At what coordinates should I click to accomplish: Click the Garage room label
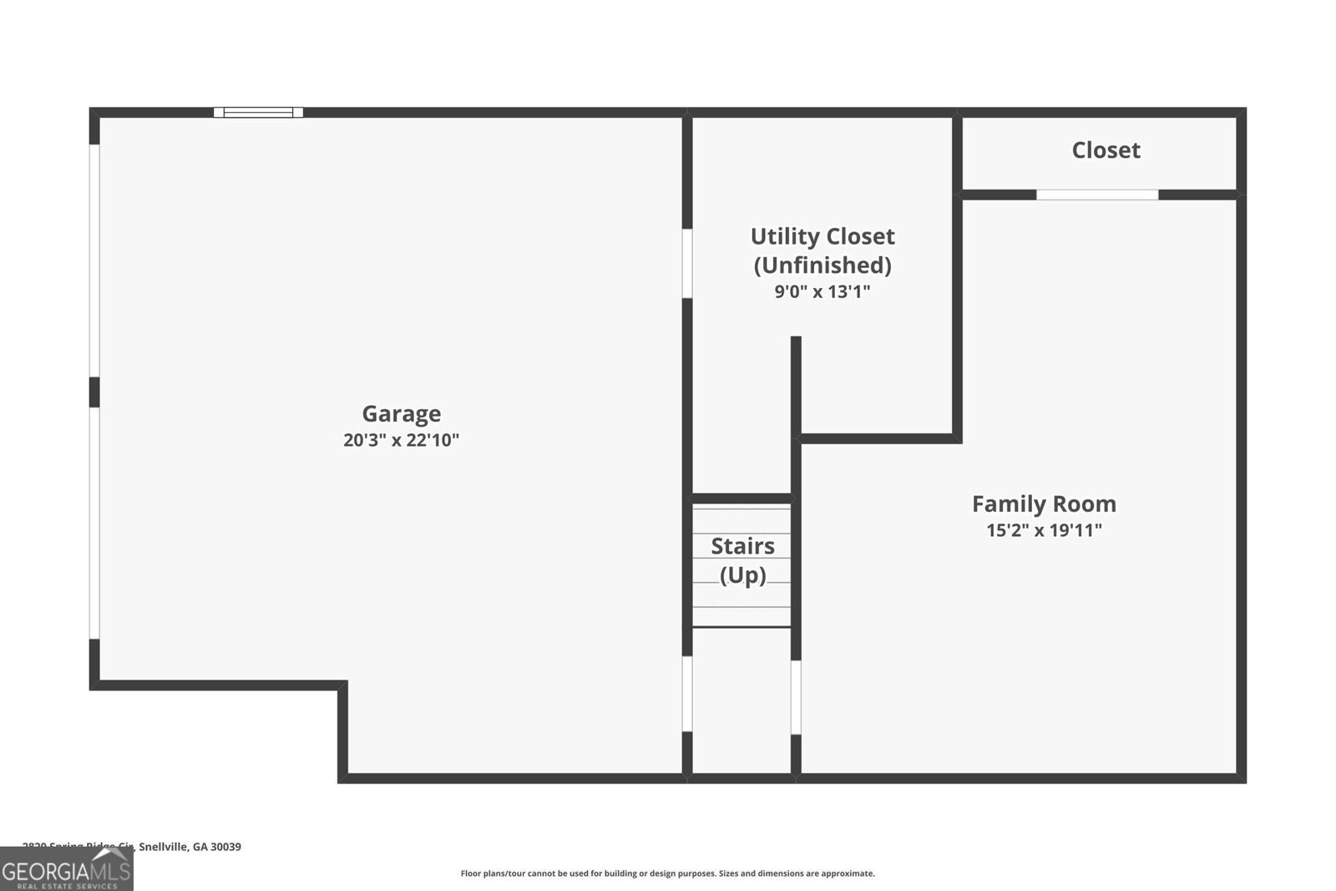(401, 413)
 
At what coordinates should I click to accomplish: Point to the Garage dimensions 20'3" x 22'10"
(401, 440)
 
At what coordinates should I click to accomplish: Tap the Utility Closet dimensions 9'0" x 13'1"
(822, 291)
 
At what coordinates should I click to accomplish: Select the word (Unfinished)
(822, 266)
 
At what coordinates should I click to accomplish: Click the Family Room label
(1044, 504)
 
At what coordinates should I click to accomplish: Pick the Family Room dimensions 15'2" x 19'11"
(1044, 530)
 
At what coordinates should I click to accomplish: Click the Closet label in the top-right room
(1106, 150)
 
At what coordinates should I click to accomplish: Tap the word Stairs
(742, 546)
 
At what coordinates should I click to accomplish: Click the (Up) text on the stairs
(742, 575)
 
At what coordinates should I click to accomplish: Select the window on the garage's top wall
(258, 112)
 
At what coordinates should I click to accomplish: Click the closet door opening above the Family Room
(1097, 195)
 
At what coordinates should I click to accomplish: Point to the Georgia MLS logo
(66, 869)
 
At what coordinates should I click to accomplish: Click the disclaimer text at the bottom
(667, 873)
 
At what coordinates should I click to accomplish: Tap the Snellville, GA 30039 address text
(190, 847)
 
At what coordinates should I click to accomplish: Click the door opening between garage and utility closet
(687, 263)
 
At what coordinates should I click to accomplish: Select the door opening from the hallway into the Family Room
(796, 697)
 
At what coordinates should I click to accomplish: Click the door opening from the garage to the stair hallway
(687, 694)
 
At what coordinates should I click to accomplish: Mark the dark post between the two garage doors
(94, 392)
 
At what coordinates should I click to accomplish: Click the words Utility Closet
(822, 236)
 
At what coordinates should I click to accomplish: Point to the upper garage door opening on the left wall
(95, 260)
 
